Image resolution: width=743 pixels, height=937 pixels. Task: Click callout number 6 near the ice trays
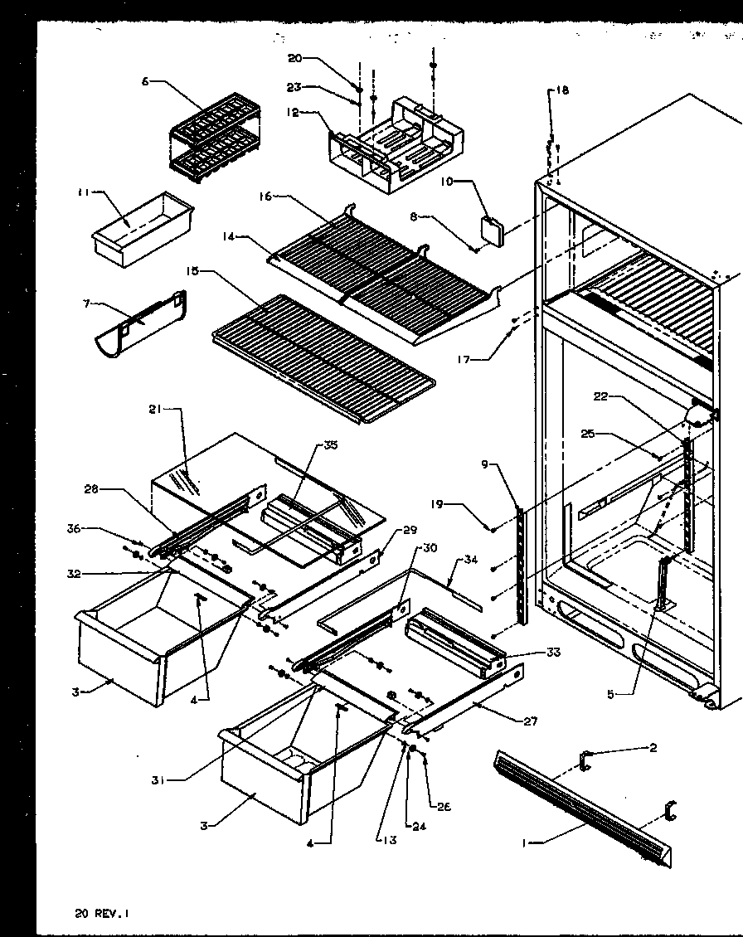tap(146, 80)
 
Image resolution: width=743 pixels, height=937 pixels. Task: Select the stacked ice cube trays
tap(214, 136)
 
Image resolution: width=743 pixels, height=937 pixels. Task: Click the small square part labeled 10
tap(493, 231)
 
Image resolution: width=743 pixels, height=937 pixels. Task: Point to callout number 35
tap(332, 445)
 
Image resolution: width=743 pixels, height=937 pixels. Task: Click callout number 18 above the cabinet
tap(563, 90)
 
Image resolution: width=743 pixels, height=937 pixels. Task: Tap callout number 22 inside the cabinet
tap(601, 397)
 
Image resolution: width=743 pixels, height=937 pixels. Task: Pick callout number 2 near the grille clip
tap(653, 748)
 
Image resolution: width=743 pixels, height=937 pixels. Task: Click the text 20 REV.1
tap(102, 914)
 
